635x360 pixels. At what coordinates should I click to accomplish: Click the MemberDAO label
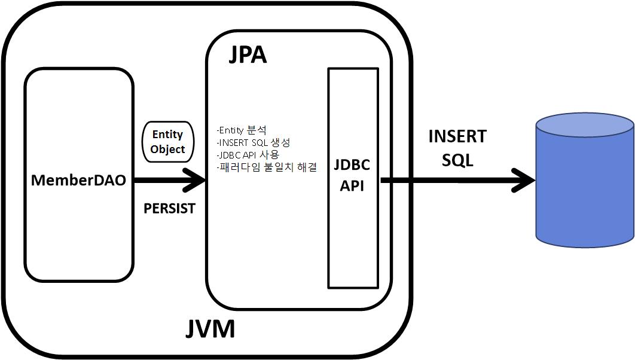coord(78,180)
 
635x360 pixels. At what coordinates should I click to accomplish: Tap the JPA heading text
coord(248,54)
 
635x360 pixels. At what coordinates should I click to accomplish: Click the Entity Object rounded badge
coord(167,141)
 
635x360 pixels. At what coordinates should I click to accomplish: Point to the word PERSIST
coord(169,209)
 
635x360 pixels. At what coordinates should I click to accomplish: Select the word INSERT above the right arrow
coord(457,136)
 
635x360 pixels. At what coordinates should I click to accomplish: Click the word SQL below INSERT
coord(457,160)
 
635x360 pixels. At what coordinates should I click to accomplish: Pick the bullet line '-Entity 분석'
coord(242,130)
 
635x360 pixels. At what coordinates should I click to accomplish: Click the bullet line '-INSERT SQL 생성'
coord(254,142)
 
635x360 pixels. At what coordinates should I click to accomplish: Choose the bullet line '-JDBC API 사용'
coord(248,155)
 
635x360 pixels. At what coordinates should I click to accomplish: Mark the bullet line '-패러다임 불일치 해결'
coord(267,167)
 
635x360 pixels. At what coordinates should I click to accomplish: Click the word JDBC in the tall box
coord(352,165)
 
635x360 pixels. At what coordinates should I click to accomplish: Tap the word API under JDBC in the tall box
coord(352,185)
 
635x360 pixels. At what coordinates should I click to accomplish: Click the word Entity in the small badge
coord(167,134)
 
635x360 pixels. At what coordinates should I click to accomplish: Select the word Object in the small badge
coord(167,149)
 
